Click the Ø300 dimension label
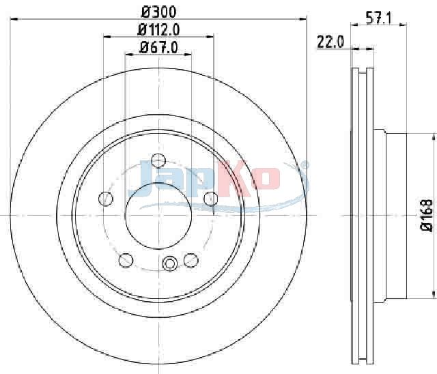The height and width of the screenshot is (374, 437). pos(159,12)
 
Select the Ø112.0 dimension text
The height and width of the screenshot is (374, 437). pos(158,30)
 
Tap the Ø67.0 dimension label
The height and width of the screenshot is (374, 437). pos(158,47)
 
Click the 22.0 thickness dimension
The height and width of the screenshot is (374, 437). pos(330,42)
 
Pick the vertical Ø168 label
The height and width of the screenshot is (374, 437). pos(427,215)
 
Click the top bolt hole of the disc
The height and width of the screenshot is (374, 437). pos(158,160)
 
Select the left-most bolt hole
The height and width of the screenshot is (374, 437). pos(106,199)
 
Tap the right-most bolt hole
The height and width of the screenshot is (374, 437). pos(211,199)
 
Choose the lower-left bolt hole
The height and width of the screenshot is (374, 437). pos(126,261)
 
